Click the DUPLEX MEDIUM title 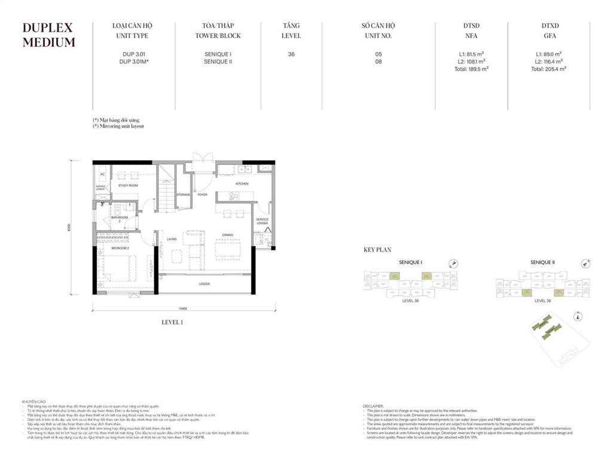pos(49,35)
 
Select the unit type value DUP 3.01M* pos(134,61)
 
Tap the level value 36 pos(291,54)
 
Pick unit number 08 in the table pos(378,61)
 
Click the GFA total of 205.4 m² pos(548,69)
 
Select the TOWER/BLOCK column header pos(218,30)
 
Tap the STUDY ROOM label pos(128,186)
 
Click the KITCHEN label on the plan pos(241,183)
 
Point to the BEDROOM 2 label pos(120,247)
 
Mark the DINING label pos(228,235)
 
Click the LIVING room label pos(172,239)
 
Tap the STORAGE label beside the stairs pos(183,195)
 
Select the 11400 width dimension pos(183,308)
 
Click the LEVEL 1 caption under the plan pos(172,322)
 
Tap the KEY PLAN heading pos(378,250)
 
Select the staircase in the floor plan pos(166,191)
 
